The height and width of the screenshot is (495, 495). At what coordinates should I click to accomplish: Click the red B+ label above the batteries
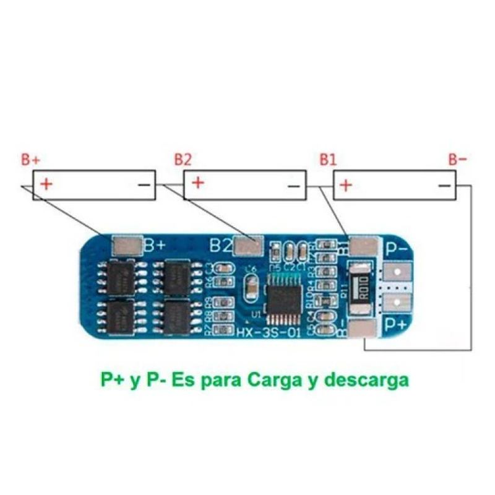pyautogui.click(x=30, y=159)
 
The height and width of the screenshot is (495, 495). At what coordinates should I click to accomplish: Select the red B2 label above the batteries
pyautogui.click(x=183, y=159)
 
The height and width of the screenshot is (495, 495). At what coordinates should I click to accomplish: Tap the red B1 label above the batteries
pyautogui.click(x=328, y=159)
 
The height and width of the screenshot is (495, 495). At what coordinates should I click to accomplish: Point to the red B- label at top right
pyautogui.click(x=458, y=159)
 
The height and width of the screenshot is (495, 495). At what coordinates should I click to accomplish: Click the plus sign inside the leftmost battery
pyautogui.click(x=47, y=184)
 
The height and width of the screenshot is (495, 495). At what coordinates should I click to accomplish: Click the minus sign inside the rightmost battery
pyautogui.click(x=444, y=186)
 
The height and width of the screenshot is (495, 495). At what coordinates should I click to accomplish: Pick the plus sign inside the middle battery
pyautogui.click(x=198, y=184)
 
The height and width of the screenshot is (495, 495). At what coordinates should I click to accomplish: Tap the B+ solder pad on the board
pyautogui.click(x=127, y=246)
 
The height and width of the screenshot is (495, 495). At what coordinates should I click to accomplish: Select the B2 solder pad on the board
pyautogui.click(x=249, y=246)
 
